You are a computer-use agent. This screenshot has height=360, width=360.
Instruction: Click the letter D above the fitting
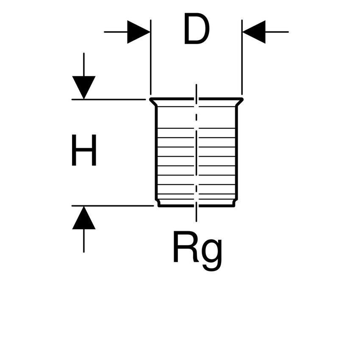pos(197,29)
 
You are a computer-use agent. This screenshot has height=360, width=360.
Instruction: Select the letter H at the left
pos(84,150)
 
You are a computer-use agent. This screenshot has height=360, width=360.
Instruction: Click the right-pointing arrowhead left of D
pos(138,32)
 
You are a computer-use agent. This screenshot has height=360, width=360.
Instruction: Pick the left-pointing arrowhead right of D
pos(254,32)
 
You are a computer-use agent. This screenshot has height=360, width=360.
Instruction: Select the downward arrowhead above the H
pos(84,87)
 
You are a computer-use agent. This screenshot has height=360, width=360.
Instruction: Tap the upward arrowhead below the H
pos(84,219)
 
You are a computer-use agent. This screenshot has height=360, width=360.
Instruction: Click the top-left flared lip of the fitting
pos(153,102)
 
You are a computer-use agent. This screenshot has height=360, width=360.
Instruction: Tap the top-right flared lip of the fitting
pos(239,102)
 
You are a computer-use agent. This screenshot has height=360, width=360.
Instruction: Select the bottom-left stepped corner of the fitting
pos(158,203)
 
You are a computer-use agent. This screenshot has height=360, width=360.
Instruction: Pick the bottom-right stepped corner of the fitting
pos(234,203)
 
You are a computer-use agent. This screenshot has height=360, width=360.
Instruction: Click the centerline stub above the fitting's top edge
pos(196,91)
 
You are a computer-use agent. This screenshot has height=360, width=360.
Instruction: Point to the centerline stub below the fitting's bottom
pos(196,214)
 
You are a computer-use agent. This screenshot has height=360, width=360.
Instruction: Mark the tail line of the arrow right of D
pos(277,32)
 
